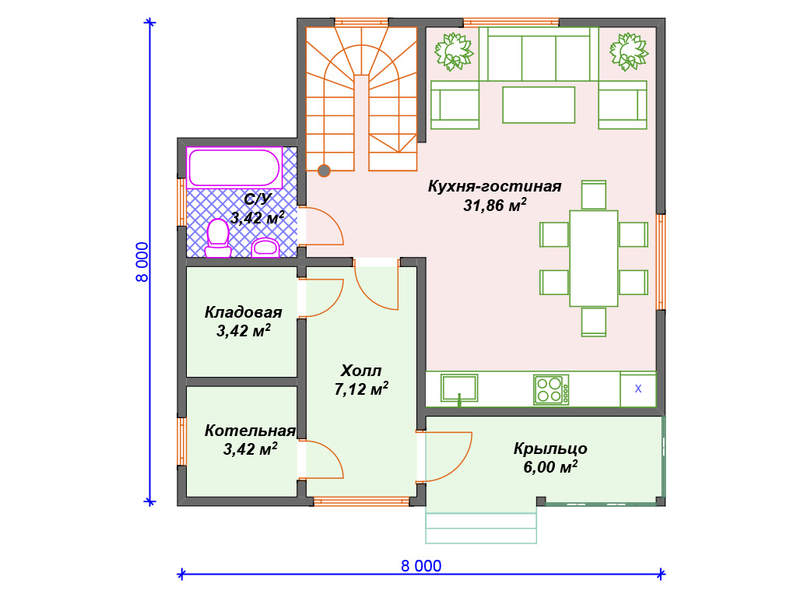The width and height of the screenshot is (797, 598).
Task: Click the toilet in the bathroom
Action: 218,238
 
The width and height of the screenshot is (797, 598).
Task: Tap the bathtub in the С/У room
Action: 234,167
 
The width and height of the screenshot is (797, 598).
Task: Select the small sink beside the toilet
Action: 265,247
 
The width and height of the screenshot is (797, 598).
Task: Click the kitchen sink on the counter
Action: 459,389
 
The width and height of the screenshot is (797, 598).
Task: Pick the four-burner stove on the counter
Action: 551,389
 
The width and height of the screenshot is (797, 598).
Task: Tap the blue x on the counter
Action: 638,389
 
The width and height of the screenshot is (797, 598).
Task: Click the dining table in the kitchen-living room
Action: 594,259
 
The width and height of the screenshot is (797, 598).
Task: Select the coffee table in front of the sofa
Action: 539,105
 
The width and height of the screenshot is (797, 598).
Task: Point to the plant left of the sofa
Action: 454,51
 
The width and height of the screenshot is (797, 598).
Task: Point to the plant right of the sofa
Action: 629,51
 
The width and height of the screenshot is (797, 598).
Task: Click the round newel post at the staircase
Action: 324,171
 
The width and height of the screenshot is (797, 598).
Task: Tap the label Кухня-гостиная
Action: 494,186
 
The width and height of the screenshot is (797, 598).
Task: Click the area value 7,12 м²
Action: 361,389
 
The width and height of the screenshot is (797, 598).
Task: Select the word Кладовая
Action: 243,311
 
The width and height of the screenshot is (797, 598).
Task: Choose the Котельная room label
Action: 250,431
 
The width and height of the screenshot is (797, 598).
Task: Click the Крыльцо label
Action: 550,448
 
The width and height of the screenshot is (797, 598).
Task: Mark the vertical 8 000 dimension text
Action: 142,262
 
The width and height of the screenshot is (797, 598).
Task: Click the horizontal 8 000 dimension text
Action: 421,566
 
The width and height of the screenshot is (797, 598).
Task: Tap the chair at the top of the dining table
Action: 594,194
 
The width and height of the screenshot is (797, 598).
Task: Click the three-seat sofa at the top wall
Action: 539,54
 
